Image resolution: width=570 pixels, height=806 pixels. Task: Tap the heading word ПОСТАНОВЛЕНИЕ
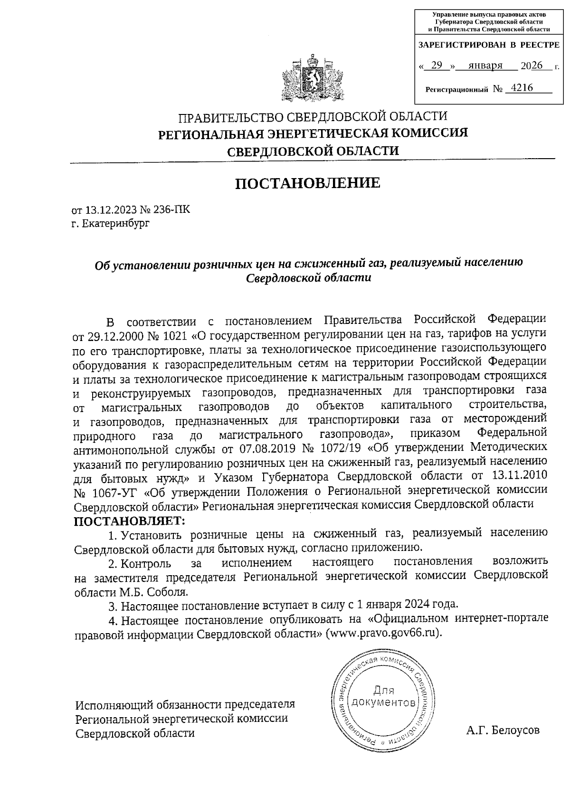coord(308,183)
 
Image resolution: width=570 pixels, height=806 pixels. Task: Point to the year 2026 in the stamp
coord(532,66)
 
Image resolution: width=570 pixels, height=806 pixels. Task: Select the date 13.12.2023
coord(108,210)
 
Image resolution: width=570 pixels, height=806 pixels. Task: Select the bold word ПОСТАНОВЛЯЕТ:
coord(128,521)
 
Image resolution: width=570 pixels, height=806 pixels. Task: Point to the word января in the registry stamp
coord(485,66)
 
